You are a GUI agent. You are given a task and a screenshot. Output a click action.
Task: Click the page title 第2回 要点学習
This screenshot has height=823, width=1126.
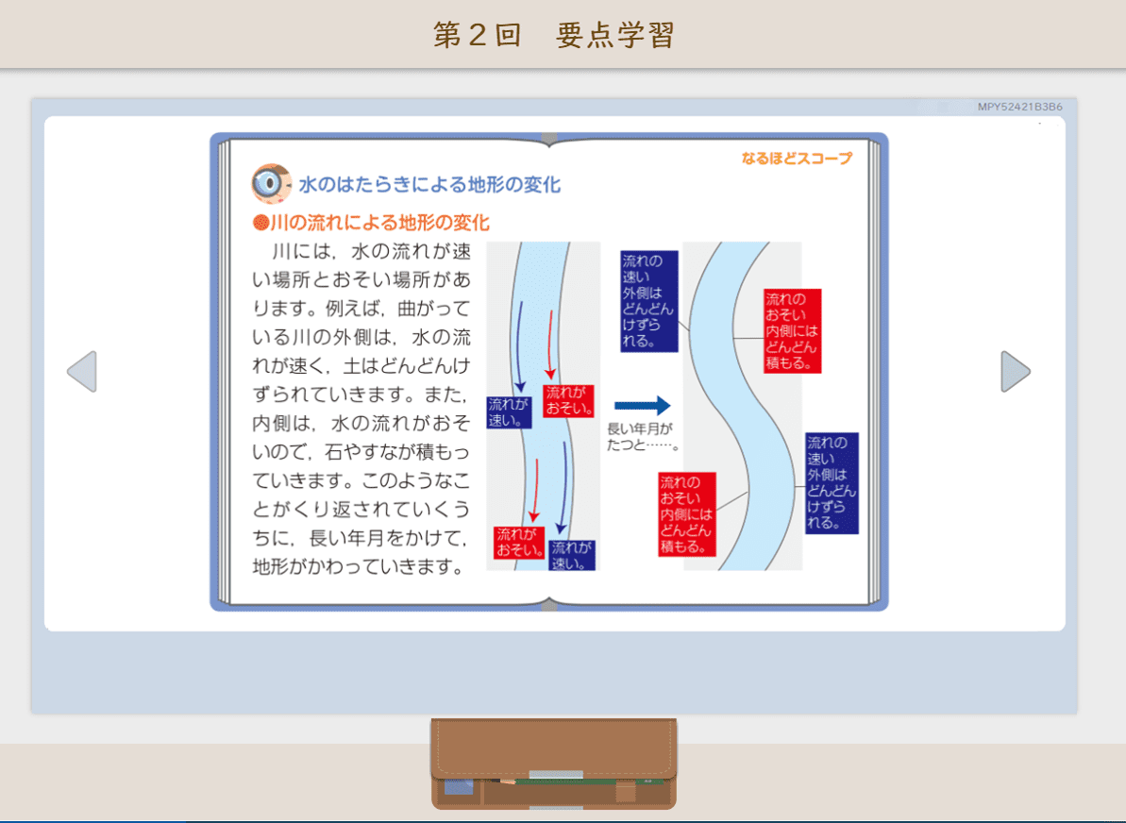pos(554,35)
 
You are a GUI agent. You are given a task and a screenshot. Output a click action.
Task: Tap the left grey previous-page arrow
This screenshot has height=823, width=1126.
pos(82,371)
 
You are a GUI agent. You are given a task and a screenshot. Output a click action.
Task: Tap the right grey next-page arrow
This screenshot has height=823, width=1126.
pos(1016,371)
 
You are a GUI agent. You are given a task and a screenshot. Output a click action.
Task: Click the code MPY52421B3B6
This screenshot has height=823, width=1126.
pos(1019,107)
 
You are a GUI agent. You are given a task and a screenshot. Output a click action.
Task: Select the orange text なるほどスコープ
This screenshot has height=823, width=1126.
pos(798,158)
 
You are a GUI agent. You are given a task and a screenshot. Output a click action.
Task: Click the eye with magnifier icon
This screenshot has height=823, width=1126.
pos(271,183)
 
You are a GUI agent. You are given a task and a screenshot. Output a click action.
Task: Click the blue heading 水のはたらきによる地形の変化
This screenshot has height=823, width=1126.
pos(429,185)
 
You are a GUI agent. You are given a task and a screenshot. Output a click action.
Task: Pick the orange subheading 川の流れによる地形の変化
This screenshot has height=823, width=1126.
pos(379,223)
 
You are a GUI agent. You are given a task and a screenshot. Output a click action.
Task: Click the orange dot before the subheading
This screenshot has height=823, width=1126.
pos(260,223)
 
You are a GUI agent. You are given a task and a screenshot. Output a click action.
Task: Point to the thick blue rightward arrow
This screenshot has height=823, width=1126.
pos(642,406)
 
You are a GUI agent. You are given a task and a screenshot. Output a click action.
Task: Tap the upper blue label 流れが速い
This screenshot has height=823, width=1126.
pos(509,412)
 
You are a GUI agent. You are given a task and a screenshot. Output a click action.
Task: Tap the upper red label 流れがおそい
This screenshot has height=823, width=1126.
pos(568,401)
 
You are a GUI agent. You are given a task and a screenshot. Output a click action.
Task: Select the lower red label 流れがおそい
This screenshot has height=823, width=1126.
pos(518,542)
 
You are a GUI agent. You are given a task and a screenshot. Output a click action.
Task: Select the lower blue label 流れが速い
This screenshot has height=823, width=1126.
pos(572,555)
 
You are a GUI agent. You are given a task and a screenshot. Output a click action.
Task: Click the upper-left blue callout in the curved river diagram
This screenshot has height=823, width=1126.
pos(649,302)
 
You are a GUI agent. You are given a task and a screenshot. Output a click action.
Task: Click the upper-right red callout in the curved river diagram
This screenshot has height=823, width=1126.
pos(792,331)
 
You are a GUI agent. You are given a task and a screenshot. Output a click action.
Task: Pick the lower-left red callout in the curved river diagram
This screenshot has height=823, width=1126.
pos(687,514)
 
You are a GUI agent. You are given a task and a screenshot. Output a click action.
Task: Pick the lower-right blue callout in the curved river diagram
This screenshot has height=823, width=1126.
pos(832,483)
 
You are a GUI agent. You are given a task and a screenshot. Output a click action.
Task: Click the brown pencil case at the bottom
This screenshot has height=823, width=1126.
pos(554,764)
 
